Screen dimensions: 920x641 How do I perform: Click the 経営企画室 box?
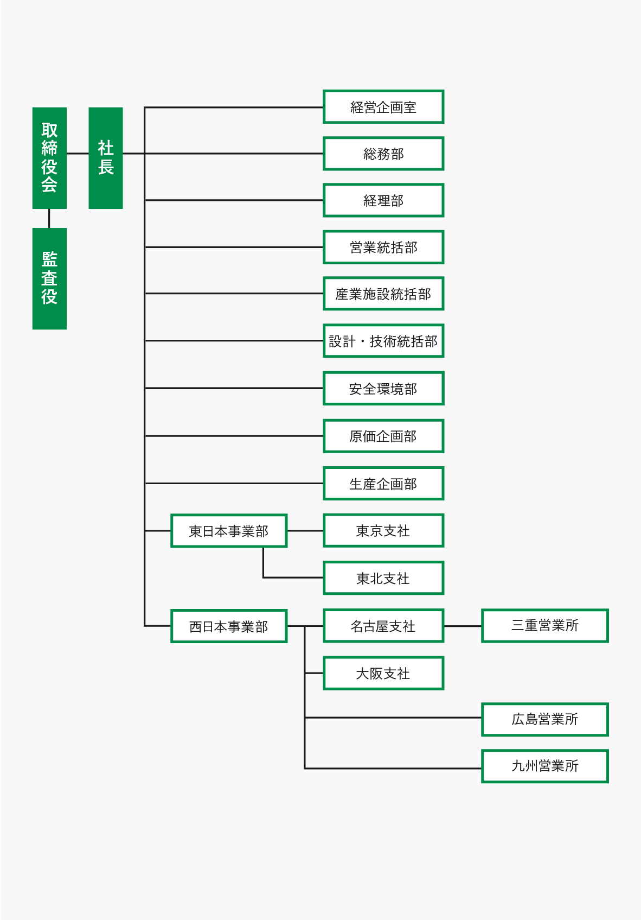(383, 107)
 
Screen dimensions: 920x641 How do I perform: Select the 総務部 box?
(383, 154)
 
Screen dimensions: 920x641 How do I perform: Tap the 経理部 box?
(383, 200)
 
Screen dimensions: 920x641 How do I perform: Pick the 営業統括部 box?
(383, 247)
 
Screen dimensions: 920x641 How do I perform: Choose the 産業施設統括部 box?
(383, 294)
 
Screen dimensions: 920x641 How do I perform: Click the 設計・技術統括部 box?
(383, 341)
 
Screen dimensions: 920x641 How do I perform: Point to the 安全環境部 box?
(383, 388)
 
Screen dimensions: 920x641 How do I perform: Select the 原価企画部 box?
(383, 436)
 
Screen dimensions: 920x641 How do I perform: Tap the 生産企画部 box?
(383, 483)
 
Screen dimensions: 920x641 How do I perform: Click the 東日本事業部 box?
(229, 531)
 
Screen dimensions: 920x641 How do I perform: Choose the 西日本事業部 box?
(229, 626)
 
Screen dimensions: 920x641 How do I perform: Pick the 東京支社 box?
(383, 530)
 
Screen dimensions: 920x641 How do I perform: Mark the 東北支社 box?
(383, 578)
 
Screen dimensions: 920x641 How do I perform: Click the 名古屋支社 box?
(383, 626)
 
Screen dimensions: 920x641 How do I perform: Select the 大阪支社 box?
(383, 673)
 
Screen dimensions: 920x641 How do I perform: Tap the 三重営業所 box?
(545, 625)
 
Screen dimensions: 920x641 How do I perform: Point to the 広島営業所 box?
(545, 719)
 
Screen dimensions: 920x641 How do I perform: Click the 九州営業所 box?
(545, 766)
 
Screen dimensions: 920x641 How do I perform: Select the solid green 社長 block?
(106, 158)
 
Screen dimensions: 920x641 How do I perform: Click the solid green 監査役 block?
(49, 278)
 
